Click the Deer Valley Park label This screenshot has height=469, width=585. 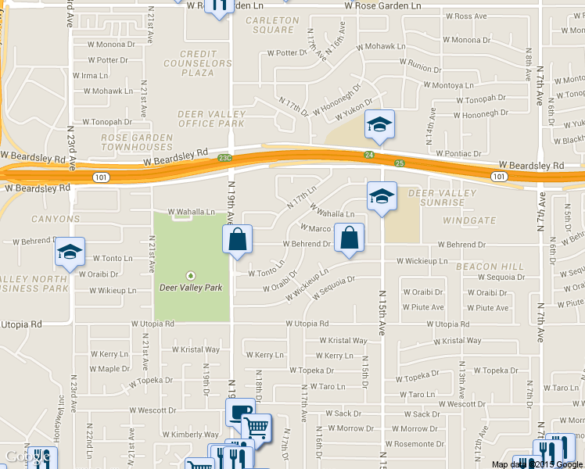point(191,288)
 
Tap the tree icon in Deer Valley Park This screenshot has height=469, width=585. point(191,275)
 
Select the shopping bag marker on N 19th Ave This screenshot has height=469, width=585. point(238,240)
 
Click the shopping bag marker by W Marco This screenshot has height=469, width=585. point(349,238)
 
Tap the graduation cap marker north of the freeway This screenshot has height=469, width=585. point(379,126)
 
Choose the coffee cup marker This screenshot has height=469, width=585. point(239,413)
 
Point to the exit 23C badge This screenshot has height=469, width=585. point(226,158)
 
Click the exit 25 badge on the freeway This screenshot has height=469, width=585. point(400,163)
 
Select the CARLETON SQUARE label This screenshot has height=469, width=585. point(272,25)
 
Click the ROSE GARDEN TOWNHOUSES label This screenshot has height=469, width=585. point(136,142)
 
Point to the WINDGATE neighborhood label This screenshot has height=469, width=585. point(469,221)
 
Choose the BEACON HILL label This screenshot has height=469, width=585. point(490,267)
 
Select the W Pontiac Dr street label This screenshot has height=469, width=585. point(461,153)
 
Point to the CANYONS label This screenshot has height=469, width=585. point(56,219)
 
